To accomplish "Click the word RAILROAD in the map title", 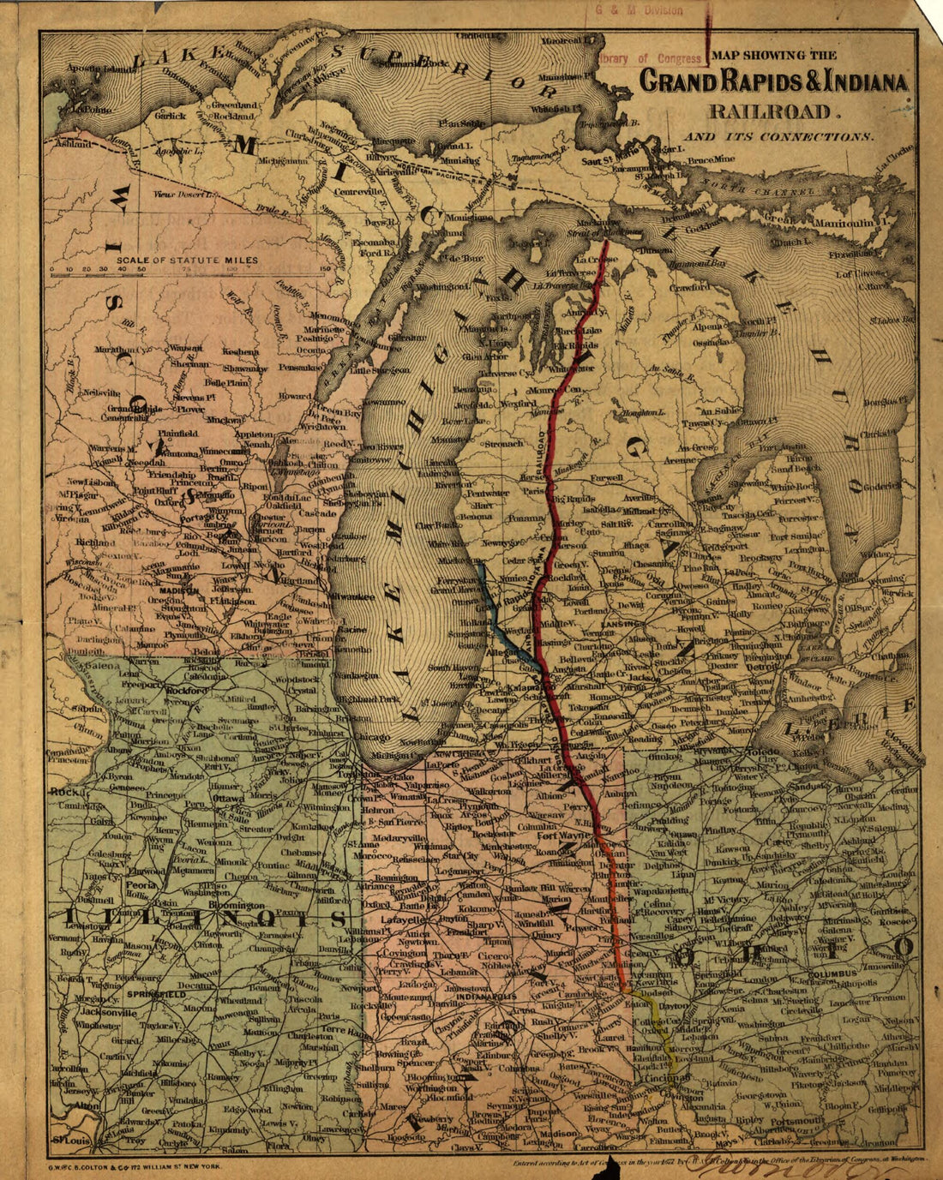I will coord(769,111).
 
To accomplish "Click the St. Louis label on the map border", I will coord(71,1141).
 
